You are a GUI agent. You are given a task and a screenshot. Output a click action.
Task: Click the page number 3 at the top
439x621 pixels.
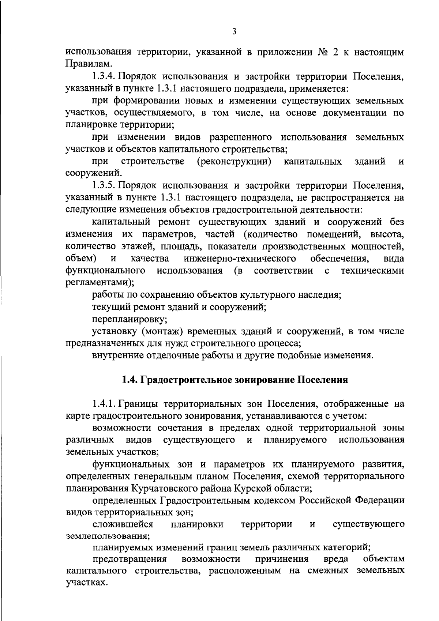coord(234,32)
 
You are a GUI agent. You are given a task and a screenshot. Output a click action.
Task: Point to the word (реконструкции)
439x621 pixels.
coord(234,162)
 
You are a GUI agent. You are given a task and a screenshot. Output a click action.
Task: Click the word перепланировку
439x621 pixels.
coord(130,319)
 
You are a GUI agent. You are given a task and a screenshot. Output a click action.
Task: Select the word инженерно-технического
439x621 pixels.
coord(240,259)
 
